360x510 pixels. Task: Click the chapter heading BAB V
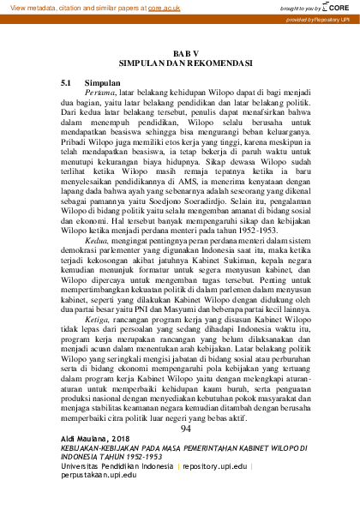(x=184, y=52)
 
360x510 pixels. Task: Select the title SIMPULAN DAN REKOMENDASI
(x=184, y=63)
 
